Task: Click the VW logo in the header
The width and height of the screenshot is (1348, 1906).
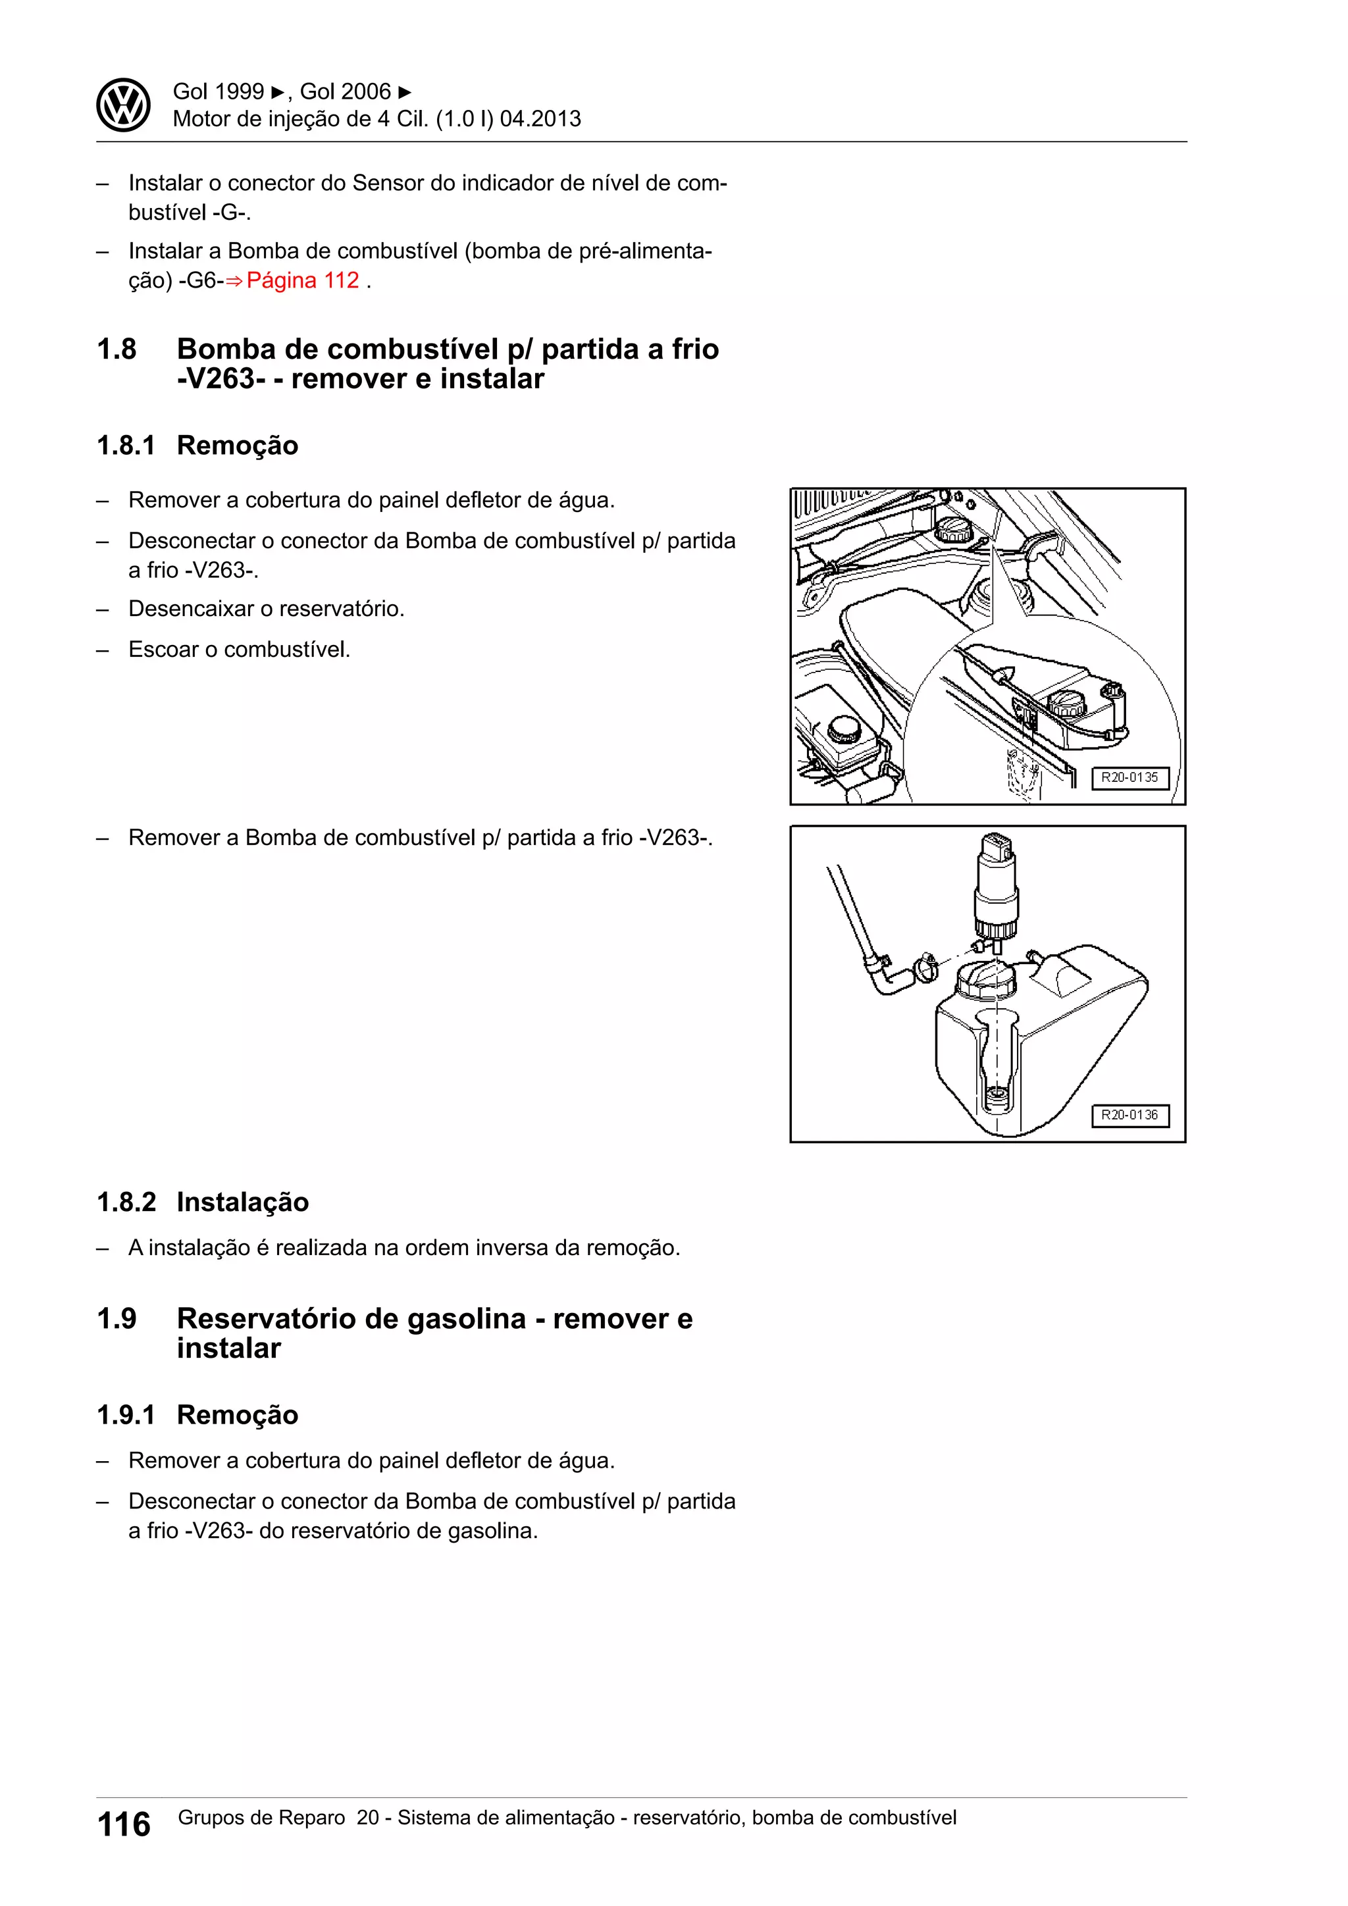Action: pos(123,105)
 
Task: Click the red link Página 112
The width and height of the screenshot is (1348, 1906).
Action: pos(302,280)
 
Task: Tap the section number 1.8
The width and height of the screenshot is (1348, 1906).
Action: pos(117,349)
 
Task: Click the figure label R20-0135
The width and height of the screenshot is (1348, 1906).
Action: pos(1129,778)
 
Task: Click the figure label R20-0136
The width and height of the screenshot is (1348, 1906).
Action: pos(1129,1115)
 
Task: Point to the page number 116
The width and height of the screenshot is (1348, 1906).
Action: pos(124,1824)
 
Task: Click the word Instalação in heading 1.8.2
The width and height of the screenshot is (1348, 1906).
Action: pos(242,1202)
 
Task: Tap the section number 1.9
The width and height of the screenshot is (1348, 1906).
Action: pos(117,1318)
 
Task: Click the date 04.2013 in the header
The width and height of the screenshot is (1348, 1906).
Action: pos(540,118)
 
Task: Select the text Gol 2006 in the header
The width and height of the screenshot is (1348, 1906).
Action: pos(346,91)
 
